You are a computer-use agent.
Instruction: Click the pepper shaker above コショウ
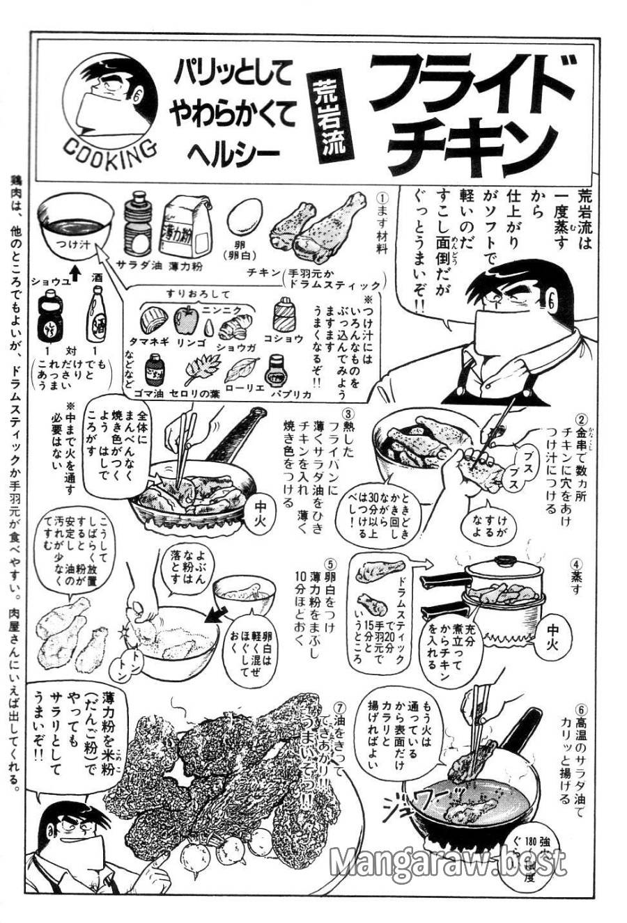click(283, 315)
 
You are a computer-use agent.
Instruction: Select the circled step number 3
click(355, 413)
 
